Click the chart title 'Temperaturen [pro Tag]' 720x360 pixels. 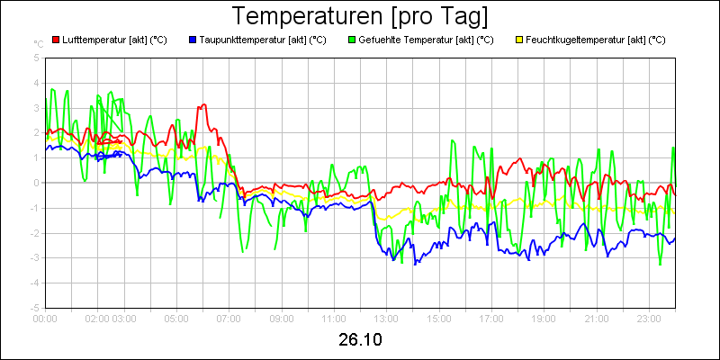pos(360,16)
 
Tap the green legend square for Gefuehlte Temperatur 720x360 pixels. pos(352,40)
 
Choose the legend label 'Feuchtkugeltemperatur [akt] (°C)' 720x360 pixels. pos(596,40)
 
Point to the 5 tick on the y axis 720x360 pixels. pos(37,58)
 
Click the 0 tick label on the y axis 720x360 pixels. pos(37,183)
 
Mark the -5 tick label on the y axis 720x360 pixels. pos(35,308)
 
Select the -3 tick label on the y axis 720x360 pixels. pos(35,257)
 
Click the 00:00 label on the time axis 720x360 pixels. pos(45,318)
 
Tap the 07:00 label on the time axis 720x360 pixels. pos(229,318)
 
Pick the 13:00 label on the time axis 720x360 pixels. pos(386,318)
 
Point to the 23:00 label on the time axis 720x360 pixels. pos(649,318)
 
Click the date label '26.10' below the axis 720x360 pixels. pos(360,340)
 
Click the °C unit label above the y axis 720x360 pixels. pos(39,43)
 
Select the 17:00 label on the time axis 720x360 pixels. pos(491,318)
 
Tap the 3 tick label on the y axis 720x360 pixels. pos(37,108)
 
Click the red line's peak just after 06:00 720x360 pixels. pos(204,104)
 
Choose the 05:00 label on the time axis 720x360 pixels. pos(176,318)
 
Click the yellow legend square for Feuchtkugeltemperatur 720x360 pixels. pos(518,40)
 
